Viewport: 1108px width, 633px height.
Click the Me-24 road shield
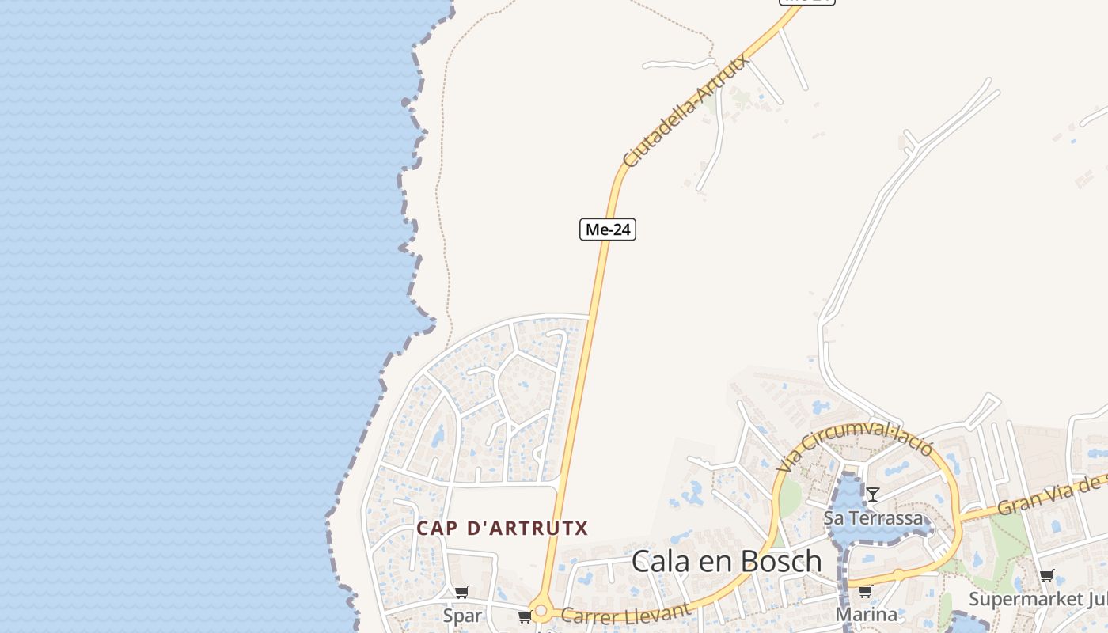608,229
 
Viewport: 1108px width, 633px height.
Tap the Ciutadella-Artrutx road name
686,110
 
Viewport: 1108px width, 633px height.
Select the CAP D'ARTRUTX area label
503,529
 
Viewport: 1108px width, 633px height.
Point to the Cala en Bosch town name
727,561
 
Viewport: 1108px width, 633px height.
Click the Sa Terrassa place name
874,518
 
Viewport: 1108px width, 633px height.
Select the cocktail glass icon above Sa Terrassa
873,495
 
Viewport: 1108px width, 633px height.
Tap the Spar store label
462,616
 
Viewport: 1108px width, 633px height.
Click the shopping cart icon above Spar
462,592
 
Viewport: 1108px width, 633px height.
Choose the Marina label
867,615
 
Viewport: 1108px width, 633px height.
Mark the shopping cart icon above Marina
866,591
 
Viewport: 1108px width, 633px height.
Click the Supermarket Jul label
1037,598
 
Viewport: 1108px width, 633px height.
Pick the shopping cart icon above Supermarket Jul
1047,575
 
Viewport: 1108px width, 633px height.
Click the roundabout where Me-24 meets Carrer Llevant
541,612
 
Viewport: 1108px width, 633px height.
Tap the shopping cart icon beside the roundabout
525,616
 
